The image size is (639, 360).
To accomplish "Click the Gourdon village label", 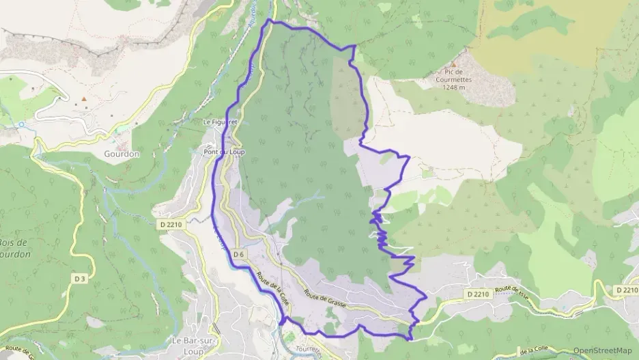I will (x=123, y=154).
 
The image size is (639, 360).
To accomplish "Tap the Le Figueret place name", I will (x=220, y=122).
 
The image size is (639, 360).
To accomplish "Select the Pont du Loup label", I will (x=224, y=152).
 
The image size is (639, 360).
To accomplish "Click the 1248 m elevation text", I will (x=454, y=87).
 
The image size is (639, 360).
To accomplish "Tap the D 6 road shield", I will (x=238, y=254).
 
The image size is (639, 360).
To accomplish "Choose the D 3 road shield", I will (x=81, y=278).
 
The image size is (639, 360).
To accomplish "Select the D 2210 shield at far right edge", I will (x=627, y=290).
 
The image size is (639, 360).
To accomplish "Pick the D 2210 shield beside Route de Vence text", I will (x=479, y=294).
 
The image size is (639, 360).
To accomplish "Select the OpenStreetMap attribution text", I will (x=602, y=350).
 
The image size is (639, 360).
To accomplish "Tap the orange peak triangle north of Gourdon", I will (x=84, y=100).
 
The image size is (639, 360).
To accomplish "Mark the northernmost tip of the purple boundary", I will (x=268, y=20).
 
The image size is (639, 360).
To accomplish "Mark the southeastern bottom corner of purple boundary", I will (x=410, y=338).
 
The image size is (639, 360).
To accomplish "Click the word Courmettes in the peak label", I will (x=454, y=79).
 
